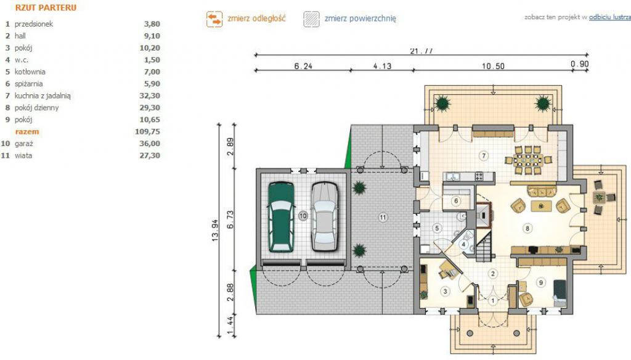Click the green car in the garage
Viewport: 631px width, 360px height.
pos(281,216)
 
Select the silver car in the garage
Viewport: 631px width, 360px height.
pos(324,216)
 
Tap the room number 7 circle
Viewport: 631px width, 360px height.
pos(484,155)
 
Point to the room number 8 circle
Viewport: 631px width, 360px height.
pos(527,228)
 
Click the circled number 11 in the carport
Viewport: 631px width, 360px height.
pos(383,218)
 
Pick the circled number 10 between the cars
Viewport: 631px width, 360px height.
pos(303,216)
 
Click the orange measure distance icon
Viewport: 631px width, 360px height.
pos(214,19)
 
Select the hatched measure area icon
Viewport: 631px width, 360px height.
pos(311,19)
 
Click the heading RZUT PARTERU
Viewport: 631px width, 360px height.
pos(46,7)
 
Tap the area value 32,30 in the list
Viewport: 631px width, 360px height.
pos(150,96)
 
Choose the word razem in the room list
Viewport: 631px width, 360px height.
pos(27,132)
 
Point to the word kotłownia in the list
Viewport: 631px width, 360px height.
pos(30,72)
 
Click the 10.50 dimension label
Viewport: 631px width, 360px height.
pos(494,66)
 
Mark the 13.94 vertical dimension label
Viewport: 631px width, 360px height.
pos(215,231)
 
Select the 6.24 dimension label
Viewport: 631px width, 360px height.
pos(303,66)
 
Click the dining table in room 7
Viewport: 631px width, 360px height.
pos(528,160)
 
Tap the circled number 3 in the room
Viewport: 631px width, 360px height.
pos(445,291)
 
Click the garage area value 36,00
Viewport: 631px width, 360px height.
pos(150,144)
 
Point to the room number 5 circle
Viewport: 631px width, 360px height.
pos(437,228)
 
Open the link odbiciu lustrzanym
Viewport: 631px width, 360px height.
pos(609,17)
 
